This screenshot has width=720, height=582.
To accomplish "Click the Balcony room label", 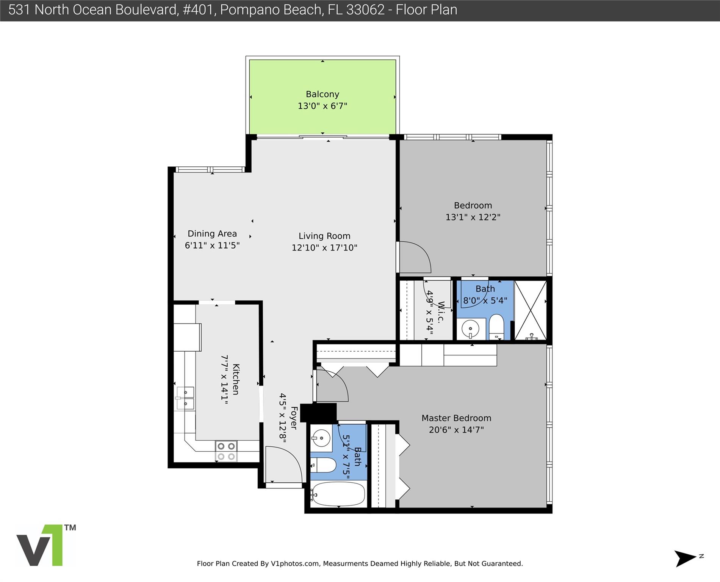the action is point(322,94).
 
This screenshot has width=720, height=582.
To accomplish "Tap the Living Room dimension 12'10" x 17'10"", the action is point(324,248).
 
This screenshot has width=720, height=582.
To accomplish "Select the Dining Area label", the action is point(212,234).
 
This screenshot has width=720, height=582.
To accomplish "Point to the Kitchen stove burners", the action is point(226,451).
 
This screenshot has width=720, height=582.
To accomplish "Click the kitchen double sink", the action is point(185,398).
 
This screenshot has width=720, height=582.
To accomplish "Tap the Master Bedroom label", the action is point(456,418).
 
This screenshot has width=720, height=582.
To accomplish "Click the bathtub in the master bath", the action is point(338,494).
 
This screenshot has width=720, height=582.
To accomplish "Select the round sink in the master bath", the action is point(321,438).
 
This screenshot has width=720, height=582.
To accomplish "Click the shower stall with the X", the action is point(531,310).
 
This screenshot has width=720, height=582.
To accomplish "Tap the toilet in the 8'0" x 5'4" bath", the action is point(496,327).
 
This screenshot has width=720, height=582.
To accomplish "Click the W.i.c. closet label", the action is point(441,312).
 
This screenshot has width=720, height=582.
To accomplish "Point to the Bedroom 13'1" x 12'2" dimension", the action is point(473,217).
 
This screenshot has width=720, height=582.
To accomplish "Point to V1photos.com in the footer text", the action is point(295,563).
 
